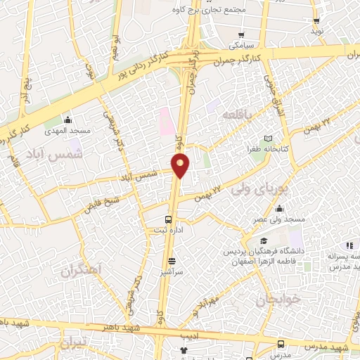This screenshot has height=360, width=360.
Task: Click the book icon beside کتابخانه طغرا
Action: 267,139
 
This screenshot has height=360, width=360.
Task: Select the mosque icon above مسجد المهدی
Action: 68,120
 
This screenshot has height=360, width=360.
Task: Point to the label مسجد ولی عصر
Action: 281,220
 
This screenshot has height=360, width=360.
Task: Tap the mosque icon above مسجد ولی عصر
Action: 280,209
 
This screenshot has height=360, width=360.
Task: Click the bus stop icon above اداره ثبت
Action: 168,219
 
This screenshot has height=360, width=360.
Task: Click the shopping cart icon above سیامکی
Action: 241,34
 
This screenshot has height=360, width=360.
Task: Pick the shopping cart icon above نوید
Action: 317,21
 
